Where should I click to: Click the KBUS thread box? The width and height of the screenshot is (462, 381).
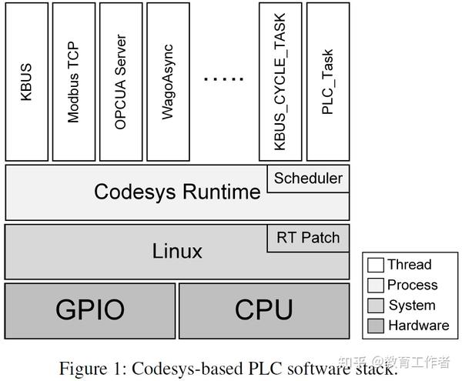[x=27, y=81]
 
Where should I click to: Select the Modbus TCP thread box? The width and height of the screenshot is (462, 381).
[x=74, y=81]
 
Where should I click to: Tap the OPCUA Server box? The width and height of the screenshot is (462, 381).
[x=121, y=81]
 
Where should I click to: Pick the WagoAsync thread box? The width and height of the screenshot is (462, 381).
[x=168, y=81]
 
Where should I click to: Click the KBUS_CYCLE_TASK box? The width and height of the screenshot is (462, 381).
[x=280, y=81]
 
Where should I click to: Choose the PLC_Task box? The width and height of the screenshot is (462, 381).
[x=327, y=81]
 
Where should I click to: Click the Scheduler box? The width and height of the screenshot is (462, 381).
[x=308, y=179]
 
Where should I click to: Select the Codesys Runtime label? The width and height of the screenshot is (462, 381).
[x=177, y=192]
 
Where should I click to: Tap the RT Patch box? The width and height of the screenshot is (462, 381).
[x=308, y=237]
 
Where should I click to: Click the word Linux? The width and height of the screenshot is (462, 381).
[x=177, y=251]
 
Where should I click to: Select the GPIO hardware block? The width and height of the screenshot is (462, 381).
[x=90, y=309]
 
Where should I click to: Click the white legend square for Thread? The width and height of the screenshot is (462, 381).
[x=376, y=265]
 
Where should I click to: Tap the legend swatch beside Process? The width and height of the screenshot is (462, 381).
[x=376, y=285]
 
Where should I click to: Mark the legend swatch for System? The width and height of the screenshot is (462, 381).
[x=376, y=305]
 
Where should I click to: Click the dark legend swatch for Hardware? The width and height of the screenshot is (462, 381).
[x=376, y=325]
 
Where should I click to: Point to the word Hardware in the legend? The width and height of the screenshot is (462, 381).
[x=418, y=325]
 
